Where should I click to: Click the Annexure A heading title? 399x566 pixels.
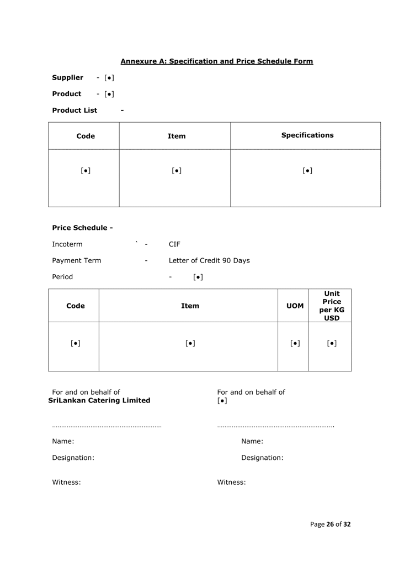point(216,61)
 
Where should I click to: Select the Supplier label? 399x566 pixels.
point(67,78)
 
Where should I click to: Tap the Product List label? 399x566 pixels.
point(75,111)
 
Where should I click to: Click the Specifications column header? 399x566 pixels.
point(307,135)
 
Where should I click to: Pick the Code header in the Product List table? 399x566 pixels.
point(86,136)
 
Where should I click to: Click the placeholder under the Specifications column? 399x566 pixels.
point(307,171)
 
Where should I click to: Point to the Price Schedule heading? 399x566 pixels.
point(82,228)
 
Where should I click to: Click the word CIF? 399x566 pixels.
point(174,244)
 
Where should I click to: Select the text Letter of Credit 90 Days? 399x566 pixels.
point(209,260)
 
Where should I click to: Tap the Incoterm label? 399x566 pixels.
point(67,244)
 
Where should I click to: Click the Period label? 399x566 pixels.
point(62,277)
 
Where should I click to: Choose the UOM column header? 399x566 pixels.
point(295,306)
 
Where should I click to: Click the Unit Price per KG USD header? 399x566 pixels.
point(332,306)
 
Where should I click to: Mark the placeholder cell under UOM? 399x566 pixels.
point(295,343)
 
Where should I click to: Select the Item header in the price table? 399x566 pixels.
point(190,306)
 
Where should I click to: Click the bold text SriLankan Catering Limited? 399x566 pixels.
point(99,401)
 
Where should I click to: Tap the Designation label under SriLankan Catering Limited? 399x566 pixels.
point(73,458)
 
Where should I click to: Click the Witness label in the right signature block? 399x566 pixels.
point(231,483)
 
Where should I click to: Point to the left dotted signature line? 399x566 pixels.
point(107,426)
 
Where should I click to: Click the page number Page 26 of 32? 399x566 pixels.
point(330,525)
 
